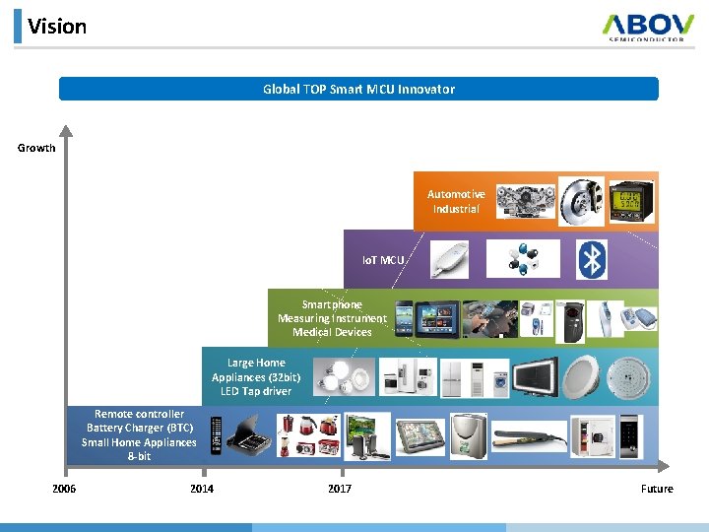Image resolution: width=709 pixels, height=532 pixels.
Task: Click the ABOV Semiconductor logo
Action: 649,26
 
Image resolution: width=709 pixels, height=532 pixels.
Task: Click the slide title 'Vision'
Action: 57,27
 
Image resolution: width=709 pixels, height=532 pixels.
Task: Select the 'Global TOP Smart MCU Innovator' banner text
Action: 358,89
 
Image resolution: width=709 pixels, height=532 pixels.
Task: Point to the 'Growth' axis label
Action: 36,148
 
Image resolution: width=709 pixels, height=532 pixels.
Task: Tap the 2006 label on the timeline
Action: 64,489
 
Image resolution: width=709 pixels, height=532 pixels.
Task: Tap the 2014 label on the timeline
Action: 201,489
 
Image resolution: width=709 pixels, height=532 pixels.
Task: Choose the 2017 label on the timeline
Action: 339,489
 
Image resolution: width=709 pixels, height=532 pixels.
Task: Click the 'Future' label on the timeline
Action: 657,489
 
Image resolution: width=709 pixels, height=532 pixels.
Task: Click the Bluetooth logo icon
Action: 592,259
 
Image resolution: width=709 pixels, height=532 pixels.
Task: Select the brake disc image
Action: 580,201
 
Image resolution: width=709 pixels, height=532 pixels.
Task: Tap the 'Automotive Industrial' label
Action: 456,201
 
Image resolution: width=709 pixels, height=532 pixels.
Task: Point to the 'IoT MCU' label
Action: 383,260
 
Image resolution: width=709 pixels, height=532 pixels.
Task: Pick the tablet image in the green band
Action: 431,318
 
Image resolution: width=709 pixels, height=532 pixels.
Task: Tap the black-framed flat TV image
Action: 533,375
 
